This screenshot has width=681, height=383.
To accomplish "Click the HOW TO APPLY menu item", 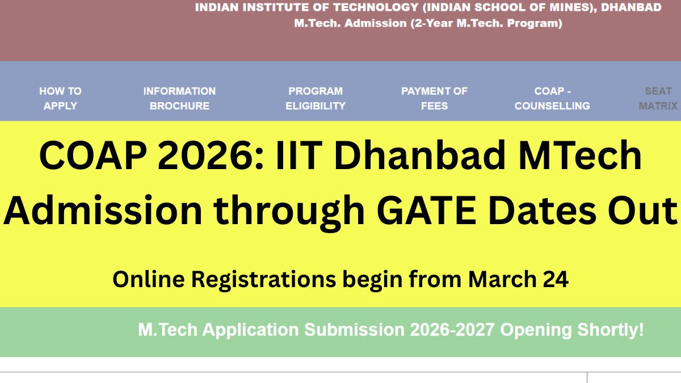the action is [x=60, y=99].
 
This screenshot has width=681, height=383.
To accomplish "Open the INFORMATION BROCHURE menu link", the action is [x=179, y=99].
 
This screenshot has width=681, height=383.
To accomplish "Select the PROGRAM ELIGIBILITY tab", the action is [x=316, y=99].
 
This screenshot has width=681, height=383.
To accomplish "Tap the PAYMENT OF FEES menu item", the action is [x=434, y=99].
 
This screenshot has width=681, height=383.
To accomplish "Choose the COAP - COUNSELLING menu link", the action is [x=552, y=99].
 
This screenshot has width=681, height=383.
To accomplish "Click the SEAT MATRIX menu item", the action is [x=658, y=99].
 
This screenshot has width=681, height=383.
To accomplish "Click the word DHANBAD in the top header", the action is [x=631, y=7].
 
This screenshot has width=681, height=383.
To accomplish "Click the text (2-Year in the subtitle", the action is [x=432, y=23].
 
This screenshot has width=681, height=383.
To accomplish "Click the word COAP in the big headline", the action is [x=93, y=155].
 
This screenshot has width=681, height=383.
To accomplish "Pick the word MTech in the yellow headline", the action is [x=580, y=155].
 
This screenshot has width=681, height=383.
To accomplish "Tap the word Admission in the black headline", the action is [x=103, y=210].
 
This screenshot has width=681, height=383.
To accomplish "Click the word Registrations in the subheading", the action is [x=263, y=280].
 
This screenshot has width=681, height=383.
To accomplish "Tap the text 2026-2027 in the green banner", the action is [x=452, y=330].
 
